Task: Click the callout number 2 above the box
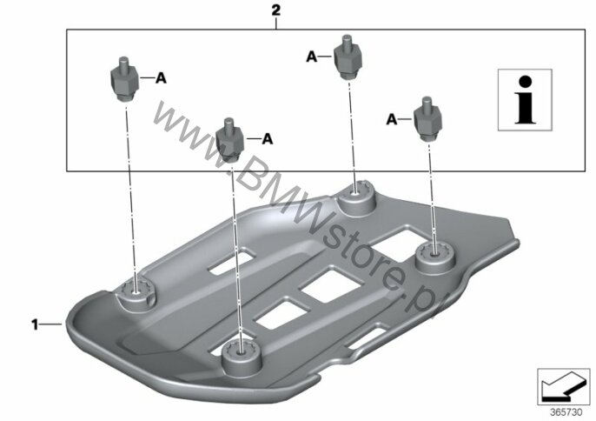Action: (x=276, y=10)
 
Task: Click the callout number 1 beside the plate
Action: (x=35, y=324)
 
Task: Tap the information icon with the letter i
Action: (x=525, y=100)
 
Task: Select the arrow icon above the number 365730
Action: (x=563, y=387)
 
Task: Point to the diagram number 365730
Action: (x=566, y=412)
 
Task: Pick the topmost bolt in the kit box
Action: (x=348, y=58)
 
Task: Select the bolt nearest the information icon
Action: (x=428, y=119)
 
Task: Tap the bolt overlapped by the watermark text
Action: (x=230, y=140)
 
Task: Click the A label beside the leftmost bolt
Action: (x=161, y=78)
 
